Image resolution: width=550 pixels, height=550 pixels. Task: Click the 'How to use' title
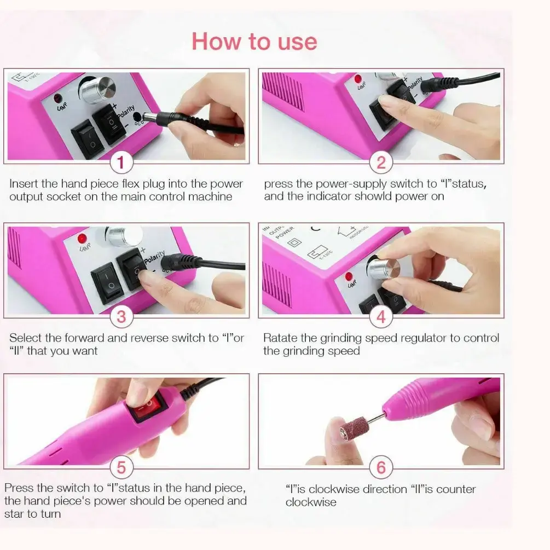click(x=254, y=42)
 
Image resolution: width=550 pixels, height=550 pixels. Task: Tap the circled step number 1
click(x=121, y=163)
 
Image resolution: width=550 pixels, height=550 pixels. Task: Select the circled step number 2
click(x=381, y=163)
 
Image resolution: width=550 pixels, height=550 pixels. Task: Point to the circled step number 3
click(x=121, y=317)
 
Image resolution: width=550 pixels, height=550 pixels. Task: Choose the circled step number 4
click(x=381, y=317)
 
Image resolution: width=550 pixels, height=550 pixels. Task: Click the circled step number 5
click(x=121, y=467)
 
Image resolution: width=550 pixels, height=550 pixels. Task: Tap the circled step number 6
click(x=381, y=467)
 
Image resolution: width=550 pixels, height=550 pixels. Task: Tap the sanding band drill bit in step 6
click(x=353, y=427)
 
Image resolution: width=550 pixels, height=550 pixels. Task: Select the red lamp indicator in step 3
click(x=82, y=239)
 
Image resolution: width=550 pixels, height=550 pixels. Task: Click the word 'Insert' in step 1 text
click(x=24, y=184)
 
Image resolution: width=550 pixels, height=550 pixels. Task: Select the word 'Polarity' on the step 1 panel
click(x=125, y=111)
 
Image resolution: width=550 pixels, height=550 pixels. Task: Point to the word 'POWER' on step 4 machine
click(x=285, y=233)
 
